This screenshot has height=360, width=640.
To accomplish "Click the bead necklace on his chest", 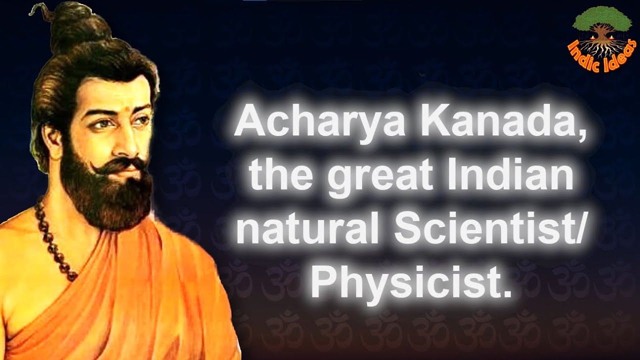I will (55, 240).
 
